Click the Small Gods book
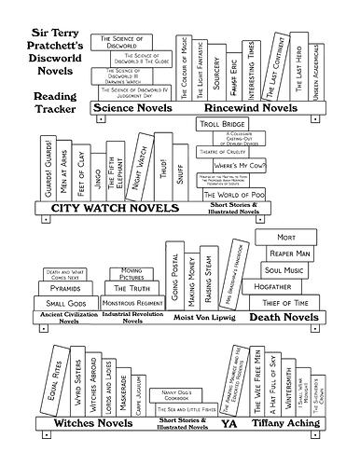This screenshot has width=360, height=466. (65, 304)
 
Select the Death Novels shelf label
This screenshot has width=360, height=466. (293, 318)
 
